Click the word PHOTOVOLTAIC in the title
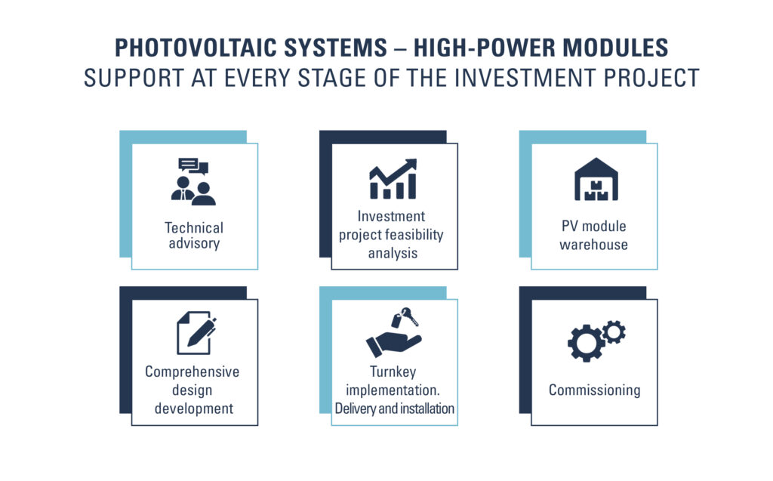click(x=198, y=48)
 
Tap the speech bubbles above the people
click(x=193, y=166)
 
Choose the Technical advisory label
click(x=194, y=236)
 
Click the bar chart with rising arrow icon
click(x=393, y=179)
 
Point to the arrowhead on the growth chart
click(x=410, y=165)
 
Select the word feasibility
click(x=417, y=235)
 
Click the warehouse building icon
click(x=596, y=179)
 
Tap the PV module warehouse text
click(x=593, y=236)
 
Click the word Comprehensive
click(x=192, y=372)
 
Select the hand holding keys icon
click(x=393, y=332)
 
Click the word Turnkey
click(x=393, y=372)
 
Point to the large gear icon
click(x=586, y=343)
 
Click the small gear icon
click(x=614, y=331)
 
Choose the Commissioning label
click(x=595, y=390)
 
